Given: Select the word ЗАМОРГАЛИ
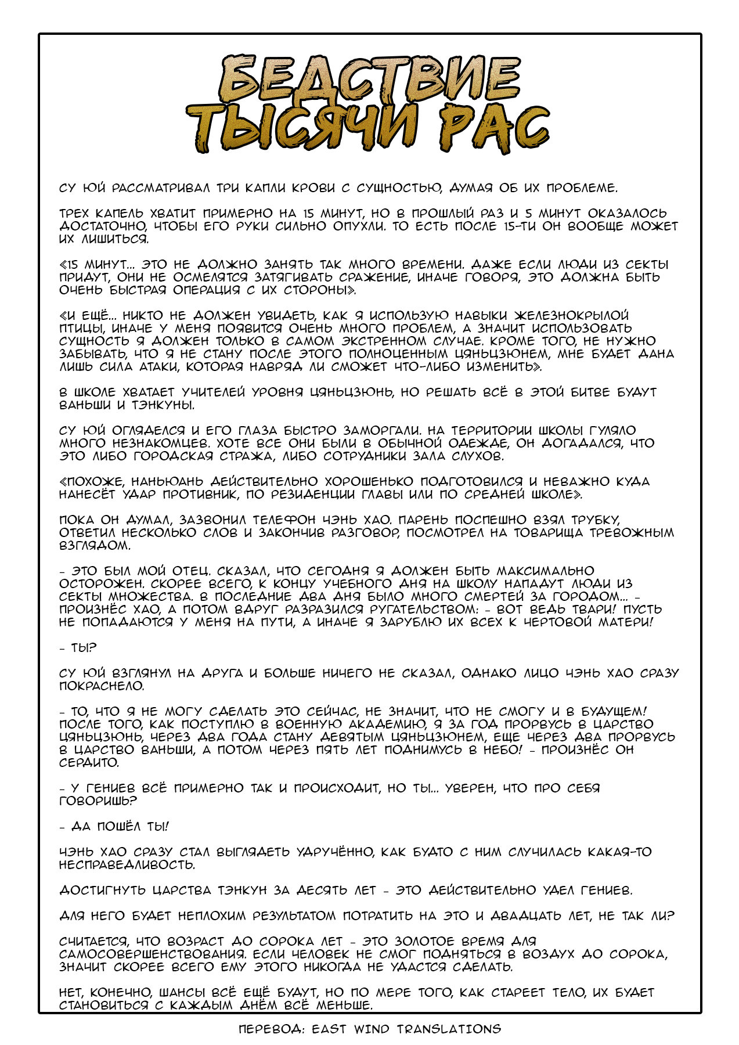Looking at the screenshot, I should tap(380, 431).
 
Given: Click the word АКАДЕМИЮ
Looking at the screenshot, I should tap(389, 725).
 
